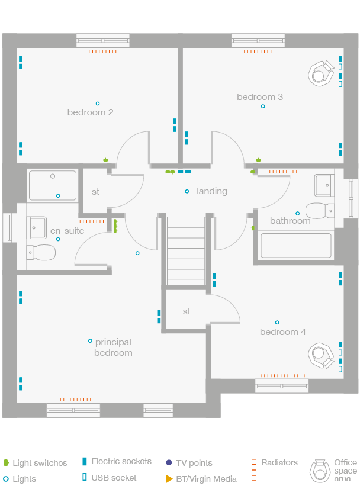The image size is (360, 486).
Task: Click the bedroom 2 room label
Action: point(90,112)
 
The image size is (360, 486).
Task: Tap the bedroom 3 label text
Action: point(260,97)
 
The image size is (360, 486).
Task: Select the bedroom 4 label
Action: point(283,332)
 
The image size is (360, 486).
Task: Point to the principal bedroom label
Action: point(113,347)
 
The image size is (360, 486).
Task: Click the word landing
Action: point(212,191)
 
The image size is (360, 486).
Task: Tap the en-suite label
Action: point(67,231)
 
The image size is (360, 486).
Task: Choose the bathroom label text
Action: point(290,221)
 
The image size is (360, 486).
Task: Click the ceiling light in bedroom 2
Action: point(98,102)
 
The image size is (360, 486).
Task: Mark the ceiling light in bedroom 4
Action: point(277,323)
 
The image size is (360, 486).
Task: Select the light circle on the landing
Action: point(187,191)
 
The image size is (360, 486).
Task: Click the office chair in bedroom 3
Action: point(320,73)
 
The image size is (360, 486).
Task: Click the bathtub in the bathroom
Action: point(296,245)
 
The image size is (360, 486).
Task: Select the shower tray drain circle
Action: point(53,176)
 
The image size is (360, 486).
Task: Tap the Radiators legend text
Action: point(279,462)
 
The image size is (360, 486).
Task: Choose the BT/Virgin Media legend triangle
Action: point(169,478)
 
